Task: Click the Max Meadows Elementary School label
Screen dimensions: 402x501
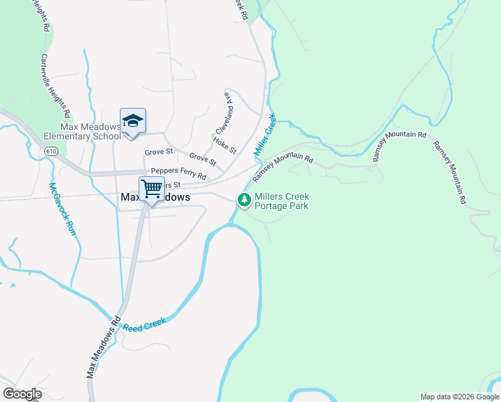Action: (x=81, y=131)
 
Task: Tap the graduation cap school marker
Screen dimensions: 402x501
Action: (x=133, y=121)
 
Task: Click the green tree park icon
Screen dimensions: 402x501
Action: (x=244, y=200)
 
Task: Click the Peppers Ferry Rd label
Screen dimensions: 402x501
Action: (x=178, y=174)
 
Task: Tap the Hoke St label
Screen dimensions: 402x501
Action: (x=224, y=145)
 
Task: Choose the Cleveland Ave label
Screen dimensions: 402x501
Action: (x=224, y=113)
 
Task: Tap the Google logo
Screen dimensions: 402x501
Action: (x=22, y=394)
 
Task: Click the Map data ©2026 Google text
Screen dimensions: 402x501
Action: (x=459, y=397)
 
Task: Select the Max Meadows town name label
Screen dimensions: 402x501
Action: (x=155, y=198)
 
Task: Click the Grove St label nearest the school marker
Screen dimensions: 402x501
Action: (x=159, y=151)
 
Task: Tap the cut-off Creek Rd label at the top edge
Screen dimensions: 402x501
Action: (x=240, y=8)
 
